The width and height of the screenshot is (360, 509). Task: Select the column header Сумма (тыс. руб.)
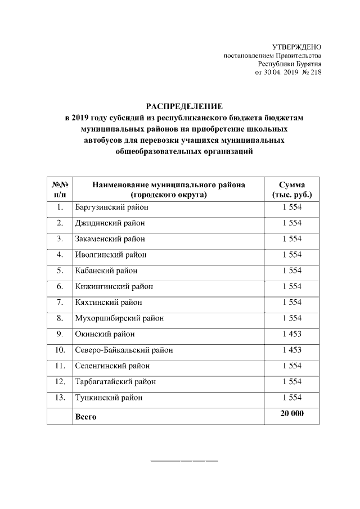pos(292,190)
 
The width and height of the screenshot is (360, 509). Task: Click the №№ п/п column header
pos(60,190)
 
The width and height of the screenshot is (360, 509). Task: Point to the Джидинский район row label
pos(110,223)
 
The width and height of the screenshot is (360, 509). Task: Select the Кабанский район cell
pos(106,271)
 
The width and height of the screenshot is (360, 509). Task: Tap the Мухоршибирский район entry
pos(119,318)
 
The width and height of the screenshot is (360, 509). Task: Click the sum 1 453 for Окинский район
pos(292,334)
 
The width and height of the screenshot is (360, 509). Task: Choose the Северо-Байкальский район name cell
pos(124,350)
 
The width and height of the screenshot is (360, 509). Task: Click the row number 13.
pos(60,398)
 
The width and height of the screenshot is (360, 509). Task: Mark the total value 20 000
pos(292,414)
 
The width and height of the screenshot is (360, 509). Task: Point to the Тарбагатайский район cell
pos(115,382)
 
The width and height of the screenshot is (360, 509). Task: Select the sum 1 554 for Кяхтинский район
pos(292,303)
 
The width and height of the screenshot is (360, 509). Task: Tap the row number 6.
pos(60,287)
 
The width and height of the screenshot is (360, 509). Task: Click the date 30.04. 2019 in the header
pos(278,73)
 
